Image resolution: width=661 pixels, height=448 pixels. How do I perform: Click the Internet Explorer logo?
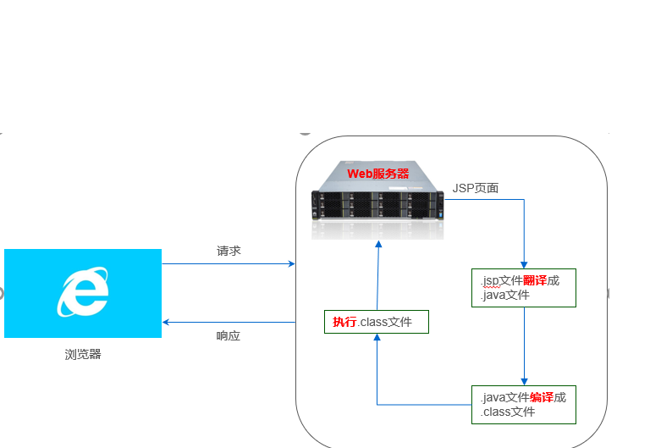pos(83,292)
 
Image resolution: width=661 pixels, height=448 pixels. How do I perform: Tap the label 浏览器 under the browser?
pos(83,355)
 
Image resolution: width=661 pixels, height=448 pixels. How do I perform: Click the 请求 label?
pos(229,251)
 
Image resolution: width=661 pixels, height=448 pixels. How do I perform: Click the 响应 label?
pos(229,335)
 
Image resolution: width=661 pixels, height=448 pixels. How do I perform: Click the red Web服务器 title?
pos(378,173)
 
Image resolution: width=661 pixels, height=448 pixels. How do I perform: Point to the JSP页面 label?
pos(476,188)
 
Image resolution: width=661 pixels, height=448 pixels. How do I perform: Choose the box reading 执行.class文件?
pos(377,322)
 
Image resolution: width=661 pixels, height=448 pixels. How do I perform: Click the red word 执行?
pos(344,322)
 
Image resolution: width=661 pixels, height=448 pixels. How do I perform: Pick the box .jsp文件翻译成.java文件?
pos(524,288)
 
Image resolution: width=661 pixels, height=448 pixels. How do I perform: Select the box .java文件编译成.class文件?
pos(524,405)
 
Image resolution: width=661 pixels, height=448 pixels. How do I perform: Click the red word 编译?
pos(542,397)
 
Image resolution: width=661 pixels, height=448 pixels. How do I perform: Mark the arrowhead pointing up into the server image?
pos(378,245)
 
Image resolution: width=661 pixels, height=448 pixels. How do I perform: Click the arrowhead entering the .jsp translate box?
pos(525,265)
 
